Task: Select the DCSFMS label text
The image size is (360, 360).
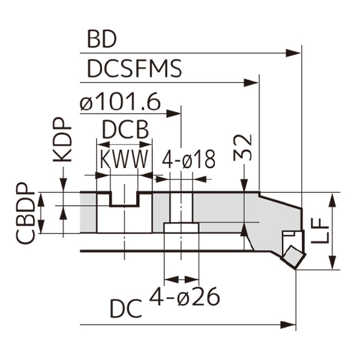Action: [134, 69]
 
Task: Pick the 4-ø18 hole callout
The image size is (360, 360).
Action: [189, 160]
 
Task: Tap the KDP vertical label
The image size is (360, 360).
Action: [62, 141]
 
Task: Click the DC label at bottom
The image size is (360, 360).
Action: [126, 309]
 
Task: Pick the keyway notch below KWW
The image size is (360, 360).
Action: [124, 199]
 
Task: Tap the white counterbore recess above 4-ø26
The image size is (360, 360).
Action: [181, 228]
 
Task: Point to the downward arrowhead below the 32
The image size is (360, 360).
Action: [245, 186]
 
